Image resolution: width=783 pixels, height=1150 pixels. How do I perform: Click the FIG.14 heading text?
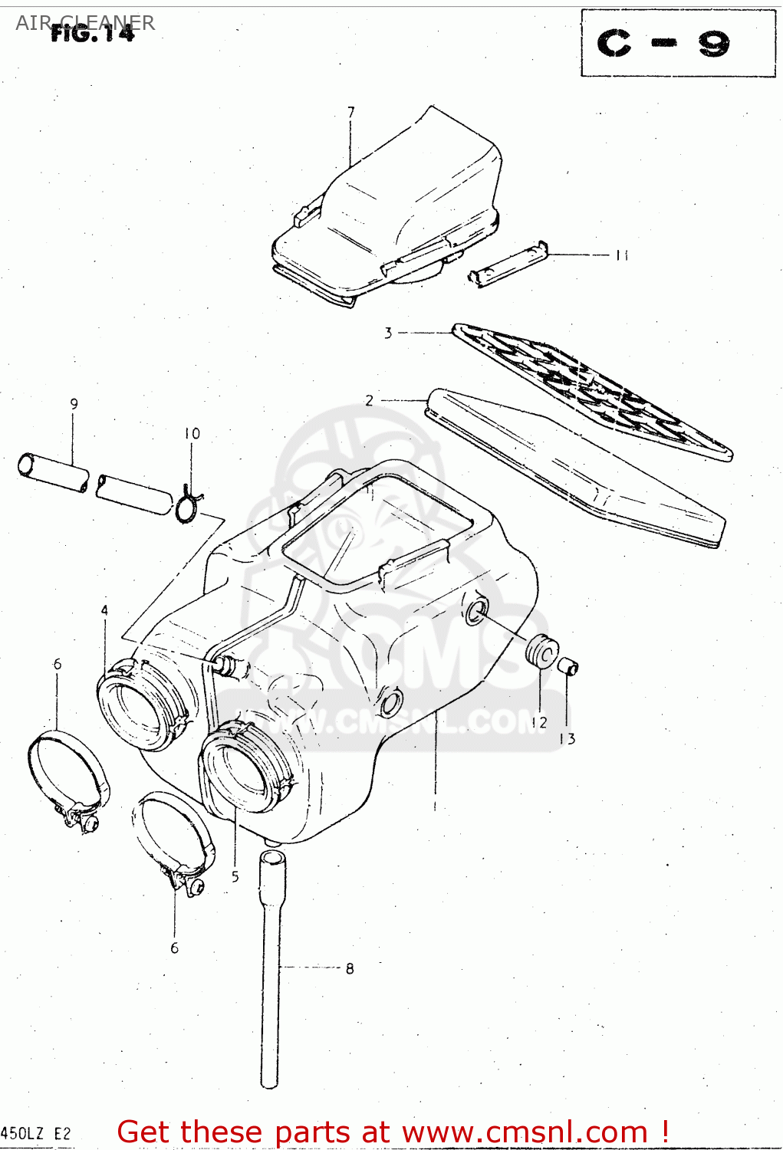92,33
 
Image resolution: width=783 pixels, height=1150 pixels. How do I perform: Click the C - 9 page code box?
678,43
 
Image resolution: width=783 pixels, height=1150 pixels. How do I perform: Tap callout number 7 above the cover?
351,112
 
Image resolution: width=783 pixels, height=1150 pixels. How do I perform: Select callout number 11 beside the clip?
621,255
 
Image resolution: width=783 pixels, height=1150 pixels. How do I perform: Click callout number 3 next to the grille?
388,333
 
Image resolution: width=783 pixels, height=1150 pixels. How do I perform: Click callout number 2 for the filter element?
370,400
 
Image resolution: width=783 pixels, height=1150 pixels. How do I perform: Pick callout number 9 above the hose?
74,404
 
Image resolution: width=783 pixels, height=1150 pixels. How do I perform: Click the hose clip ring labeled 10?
187,508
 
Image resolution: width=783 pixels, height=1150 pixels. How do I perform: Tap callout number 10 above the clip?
192,434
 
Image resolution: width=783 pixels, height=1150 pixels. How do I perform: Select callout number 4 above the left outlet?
104,610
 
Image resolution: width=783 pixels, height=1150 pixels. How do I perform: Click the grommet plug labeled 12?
542,652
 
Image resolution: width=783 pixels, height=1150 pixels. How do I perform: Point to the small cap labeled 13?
568,665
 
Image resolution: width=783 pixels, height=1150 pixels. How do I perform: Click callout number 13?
567,739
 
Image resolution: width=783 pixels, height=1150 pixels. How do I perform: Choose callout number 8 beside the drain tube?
350,968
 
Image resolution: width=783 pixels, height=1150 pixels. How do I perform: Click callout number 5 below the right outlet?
235,876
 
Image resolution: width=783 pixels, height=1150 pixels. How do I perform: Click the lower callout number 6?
174,948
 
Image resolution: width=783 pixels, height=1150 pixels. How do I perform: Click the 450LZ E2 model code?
36,1133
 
